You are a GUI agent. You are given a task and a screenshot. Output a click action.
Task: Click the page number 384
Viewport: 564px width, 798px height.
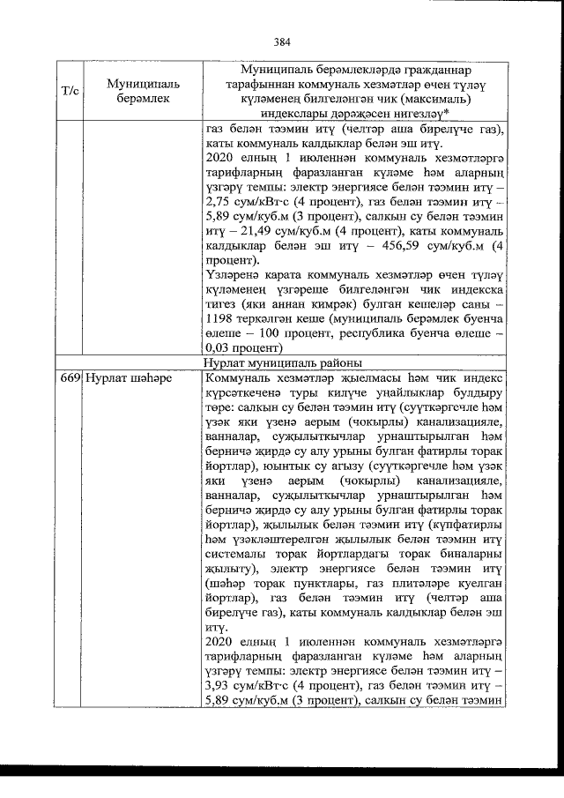[282, 41]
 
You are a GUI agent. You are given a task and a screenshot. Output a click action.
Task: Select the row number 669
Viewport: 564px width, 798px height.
[70, 378]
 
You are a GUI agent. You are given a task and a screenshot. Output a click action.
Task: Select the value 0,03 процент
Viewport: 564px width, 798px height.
[249, 347]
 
